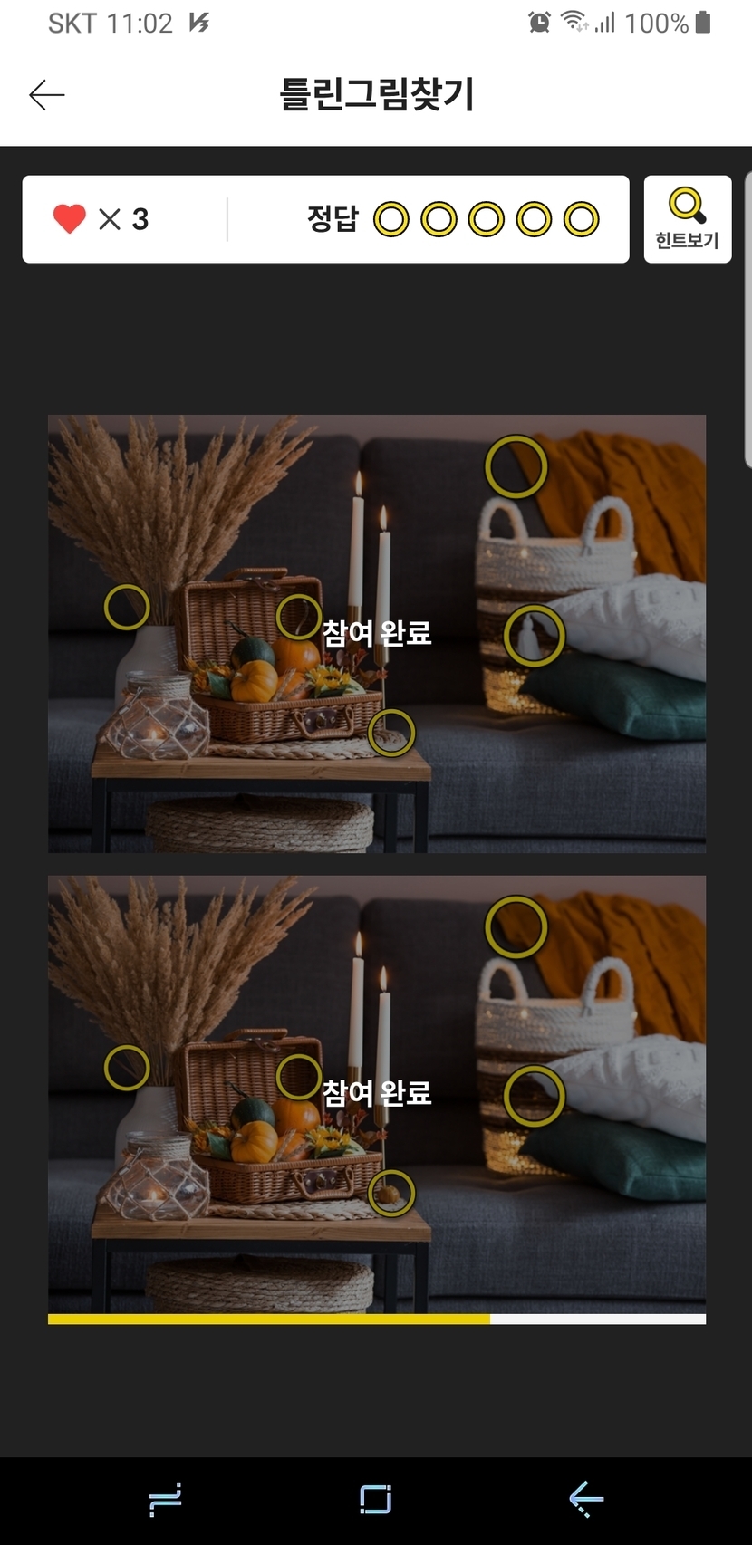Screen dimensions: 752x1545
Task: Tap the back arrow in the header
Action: [x=47, y=94]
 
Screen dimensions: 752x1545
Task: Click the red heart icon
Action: [x=70, y=219]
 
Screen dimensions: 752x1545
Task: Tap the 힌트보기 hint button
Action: [x=687, y=219]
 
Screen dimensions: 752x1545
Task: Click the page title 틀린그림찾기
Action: [x=377, y=94]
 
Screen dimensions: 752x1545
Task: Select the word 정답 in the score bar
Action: [x=333, y=219]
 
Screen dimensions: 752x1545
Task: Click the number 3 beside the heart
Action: [x=140, y=220]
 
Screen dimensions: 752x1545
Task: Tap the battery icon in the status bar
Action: [x=703, y=22]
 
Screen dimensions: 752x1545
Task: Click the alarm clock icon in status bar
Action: [x=539, y=23]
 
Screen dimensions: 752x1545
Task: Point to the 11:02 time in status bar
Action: [x=140, y=24]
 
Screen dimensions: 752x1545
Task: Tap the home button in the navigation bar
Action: [x=376, y=1500]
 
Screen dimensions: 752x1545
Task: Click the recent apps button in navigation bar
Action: [x=166, y=1500]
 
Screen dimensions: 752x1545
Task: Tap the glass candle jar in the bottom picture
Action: [x=155, y=1176]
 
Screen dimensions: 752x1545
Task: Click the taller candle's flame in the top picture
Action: [x=358, y=483]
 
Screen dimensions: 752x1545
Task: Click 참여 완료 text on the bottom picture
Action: [x=377, y=1092]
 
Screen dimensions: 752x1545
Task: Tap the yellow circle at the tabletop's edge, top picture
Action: [x=392, y=710]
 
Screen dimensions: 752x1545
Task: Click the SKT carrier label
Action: [x=72, y=24]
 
